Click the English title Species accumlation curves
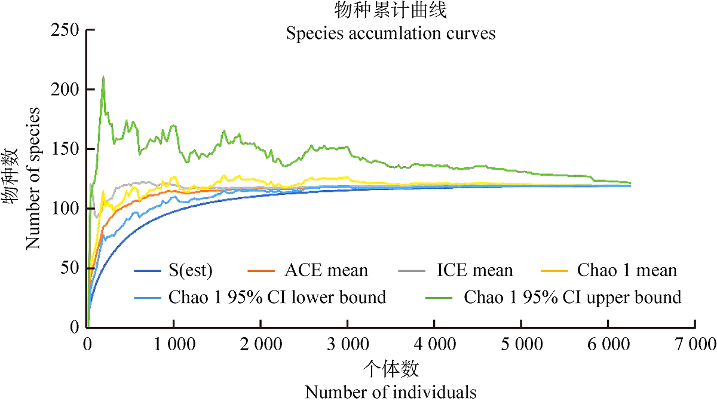390,33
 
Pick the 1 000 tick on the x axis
173,345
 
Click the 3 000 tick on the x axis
347,345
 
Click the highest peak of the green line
103,77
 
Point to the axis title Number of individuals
391,392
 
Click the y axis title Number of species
33,178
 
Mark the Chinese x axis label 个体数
390,369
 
